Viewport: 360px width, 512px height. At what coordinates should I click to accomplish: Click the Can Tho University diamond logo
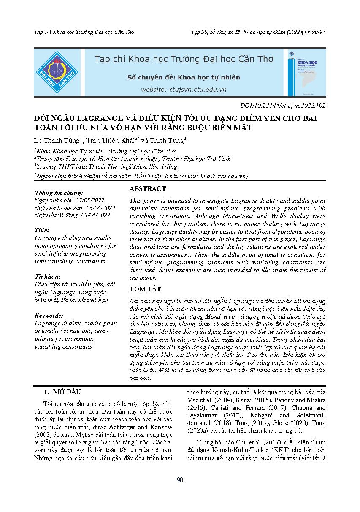pos(56,72)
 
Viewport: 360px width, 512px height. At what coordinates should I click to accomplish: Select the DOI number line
pos(282,106)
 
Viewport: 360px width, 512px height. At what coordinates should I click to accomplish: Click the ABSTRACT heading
pos(148,189)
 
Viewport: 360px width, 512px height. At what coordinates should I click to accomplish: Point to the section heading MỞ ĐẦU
pos(66,392)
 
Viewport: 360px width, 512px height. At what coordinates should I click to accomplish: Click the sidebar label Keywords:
pos(49,315)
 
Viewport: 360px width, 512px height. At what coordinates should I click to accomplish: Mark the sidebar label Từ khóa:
pos(48,276)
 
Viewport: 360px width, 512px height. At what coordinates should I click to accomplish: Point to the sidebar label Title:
pos(42,230)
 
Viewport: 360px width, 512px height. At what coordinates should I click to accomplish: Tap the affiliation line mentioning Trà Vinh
pos(108,158)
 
